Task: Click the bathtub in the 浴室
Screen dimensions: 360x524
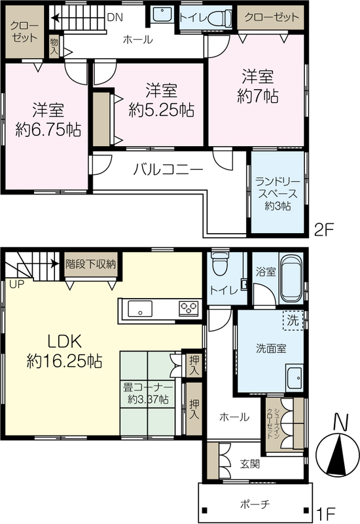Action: click(291, 279)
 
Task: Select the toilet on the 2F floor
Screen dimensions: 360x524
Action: click(220, 17)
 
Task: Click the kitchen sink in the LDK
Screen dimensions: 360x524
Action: click(140, 309)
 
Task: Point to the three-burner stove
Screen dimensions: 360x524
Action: click(189, 308)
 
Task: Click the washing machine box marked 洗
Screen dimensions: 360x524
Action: click(293, 320)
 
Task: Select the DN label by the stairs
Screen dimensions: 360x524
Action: click(115, 18)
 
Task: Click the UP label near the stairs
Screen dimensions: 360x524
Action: click(17, 285)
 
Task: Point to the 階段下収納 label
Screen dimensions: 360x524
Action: click(91, 265)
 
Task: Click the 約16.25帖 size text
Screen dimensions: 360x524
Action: click(64, 362)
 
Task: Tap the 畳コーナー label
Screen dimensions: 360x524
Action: click(149, 388)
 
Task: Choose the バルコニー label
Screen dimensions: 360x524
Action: click(168, 170)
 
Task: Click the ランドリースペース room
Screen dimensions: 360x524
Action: click(278, 193)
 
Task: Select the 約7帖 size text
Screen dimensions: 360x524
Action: click(258, 97)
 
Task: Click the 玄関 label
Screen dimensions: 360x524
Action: click(250, 464)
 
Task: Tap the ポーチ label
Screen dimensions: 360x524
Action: click(255, 504)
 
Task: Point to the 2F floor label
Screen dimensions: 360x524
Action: click(324, 231)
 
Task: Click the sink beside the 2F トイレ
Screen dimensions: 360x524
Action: click(162, 15)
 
